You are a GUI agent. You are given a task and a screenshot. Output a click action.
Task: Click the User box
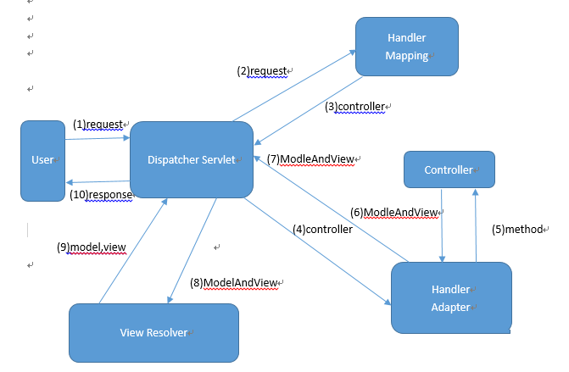coord(42,159)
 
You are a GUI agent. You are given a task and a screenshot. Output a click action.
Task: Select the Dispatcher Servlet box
coord(192,159)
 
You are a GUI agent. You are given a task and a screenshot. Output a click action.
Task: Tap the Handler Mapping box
coord(407,47)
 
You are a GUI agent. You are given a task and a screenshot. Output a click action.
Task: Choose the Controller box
coord(449,169)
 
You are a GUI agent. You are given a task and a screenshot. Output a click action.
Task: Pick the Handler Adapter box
coord(450,297)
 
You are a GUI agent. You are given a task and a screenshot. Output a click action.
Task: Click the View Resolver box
coord(153,332)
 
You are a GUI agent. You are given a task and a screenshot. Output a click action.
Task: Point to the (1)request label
coord(98,124)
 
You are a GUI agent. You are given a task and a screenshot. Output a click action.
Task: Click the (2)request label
coord(262,71)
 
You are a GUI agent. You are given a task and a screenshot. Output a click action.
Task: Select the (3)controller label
coord(355,107)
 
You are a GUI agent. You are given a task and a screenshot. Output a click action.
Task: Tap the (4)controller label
coord(322,229)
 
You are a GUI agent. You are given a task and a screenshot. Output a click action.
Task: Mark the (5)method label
coord(519,229)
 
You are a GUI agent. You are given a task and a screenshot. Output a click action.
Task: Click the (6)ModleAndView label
coord(393,212)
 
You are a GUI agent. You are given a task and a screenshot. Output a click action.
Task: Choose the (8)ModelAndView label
coord(234,282)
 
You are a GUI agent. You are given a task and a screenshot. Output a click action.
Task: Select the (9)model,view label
coord(92,247)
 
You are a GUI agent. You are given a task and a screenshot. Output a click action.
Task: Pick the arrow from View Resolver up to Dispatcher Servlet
coord(132,251)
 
